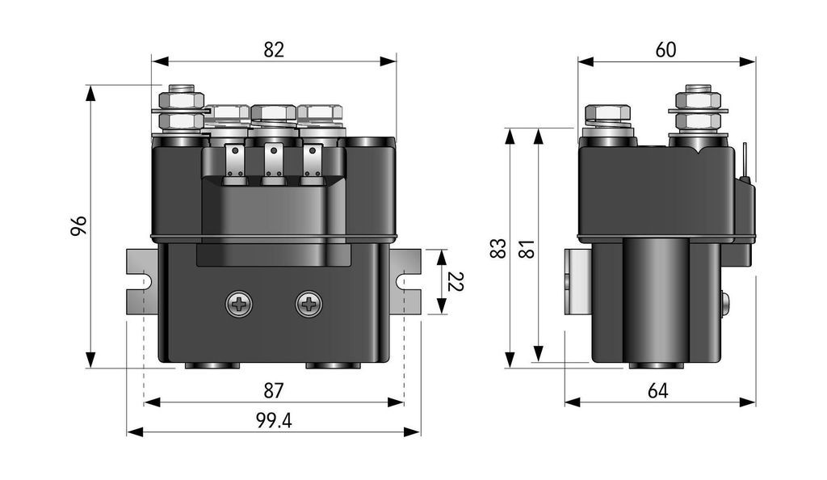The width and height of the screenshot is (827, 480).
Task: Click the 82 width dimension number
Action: point(274,49)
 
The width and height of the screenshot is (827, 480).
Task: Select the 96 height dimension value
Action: point(79,225)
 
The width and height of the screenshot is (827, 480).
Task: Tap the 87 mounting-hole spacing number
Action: point(274,391)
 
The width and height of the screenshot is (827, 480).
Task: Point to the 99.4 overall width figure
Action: point(274,420)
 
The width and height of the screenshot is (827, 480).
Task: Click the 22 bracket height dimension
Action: point(455,282)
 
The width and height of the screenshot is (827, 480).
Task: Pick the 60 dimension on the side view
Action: point(665,49)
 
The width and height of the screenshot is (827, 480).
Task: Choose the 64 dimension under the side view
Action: point(657,391)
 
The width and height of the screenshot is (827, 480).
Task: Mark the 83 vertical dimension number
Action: point(498,248)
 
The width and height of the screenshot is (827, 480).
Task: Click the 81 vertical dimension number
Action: point(527,249)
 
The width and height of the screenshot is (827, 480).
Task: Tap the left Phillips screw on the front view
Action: point(239,304)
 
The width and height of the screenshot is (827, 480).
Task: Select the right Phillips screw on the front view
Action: point(309,304)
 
